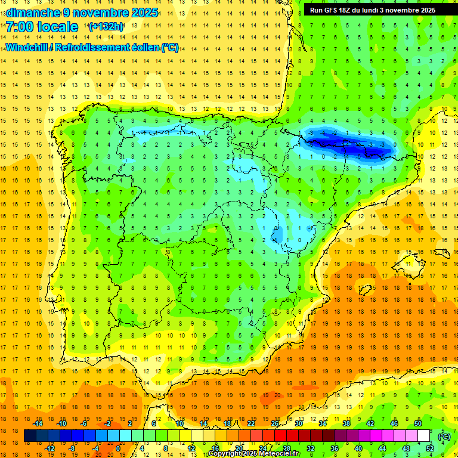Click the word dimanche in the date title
33,13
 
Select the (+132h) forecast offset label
106,27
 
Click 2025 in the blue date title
145,13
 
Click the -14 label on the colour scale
38,423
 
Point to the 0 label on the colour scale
118,448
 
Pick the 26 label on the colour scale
275,423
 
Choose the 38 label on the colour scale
346,423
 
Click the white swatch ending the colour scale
424,436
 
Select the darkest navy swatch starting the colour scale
30,436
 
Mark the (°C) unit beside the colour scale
444,436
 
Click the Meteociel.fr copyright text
254,454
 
